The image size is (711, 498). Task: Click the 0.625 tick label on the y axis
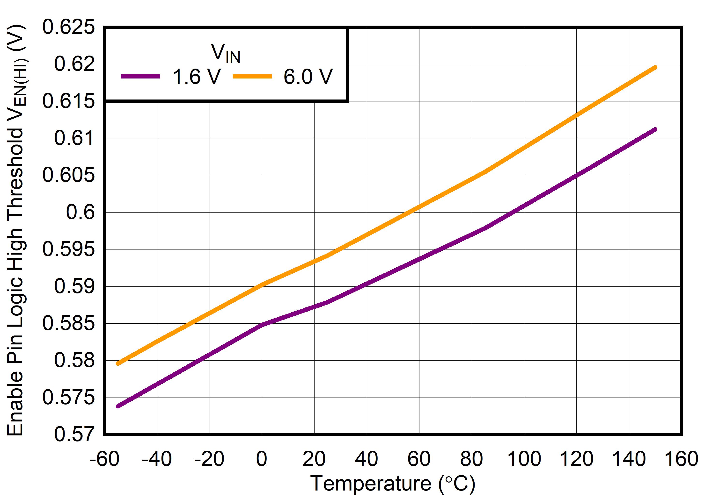coord(68,27)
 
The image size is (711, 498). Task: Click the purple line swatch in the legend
coord(140,76)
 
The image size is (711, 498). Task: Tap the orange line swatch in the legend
coord(252,76)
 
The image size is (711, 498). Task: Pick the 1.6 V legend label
coord(196,77)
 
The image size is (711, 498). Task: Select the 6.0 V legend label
coord(308,77)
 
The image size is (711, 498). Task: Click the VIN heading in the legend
coord(226,53)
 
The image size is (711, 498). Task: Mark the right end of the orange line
coord(655,67)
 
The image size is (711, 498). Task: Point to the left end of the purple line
coord(118,406)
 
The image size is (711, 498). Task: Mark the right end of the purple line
coord(655,129)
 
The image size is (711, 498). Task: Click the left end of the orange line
coord(118,363)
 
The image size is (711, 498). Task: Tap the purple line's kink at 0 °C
coord(262,325)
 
